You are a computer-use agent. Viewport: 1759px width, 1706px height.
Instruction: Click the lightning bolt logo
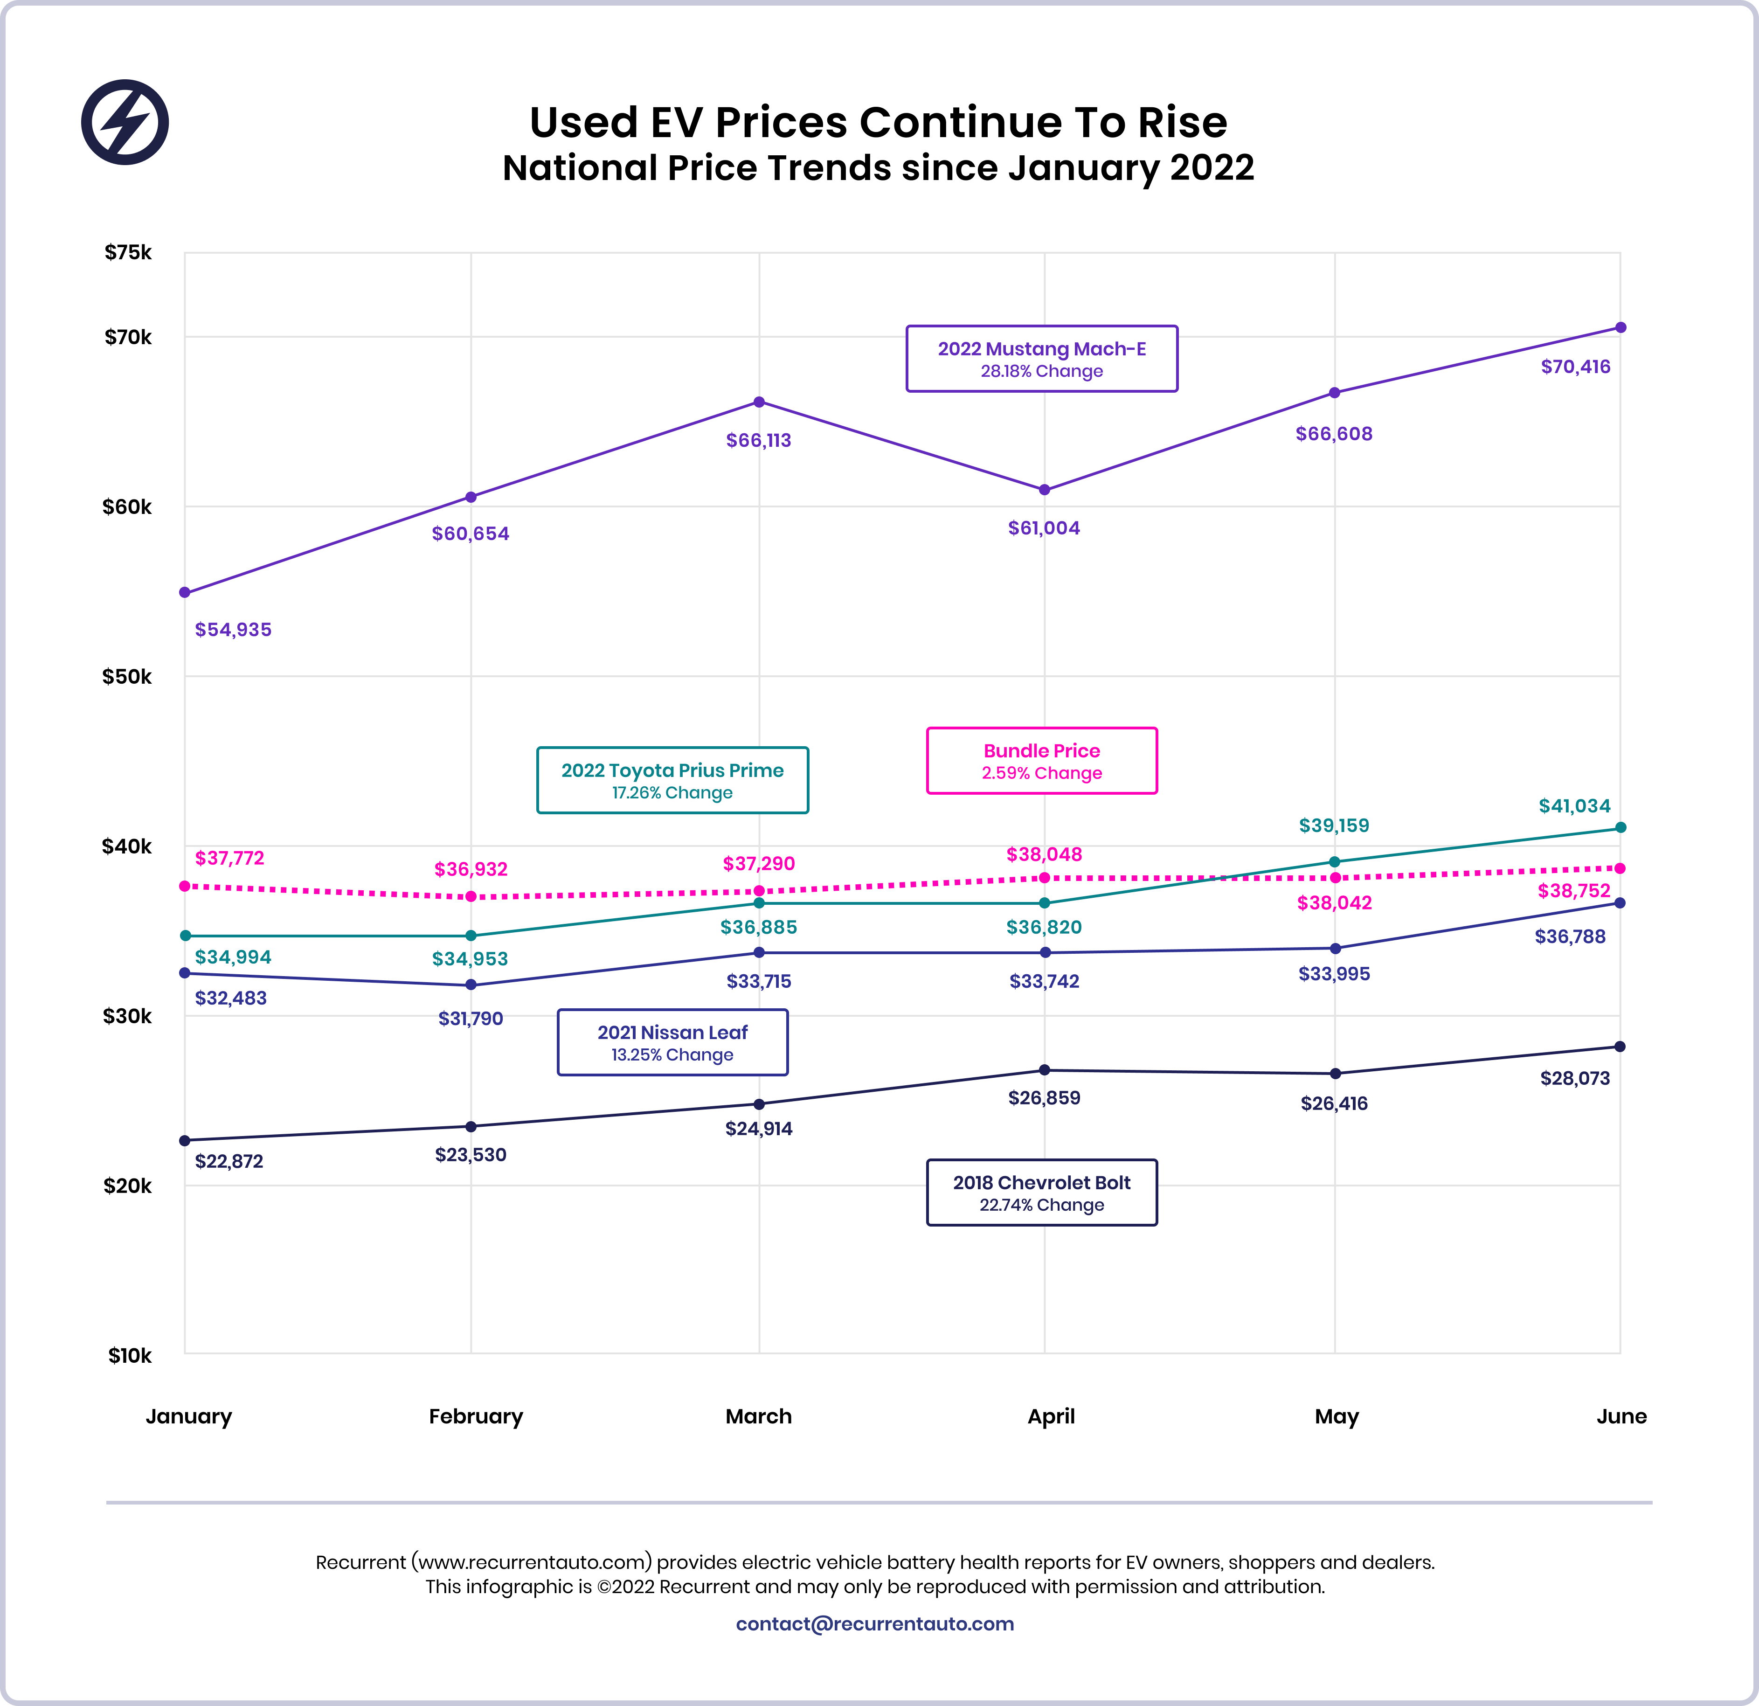pyautogui.click(x=125, y=122)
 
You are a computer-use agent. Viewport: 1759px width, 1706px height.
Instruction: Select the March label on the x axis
pyautogui.click(x=758, y=1416)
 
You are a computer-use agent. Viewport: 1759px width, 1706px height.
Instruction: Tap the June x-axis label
pyautogui.click(x=1621, y=1416)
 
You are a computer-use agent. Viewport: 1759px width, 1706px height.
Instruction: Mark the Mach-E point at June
pyautogui.click(x=1621, y=327)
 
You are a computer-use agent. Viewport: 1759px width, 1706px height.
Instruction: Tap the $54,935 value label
pyautogui.click(x=233, y=629)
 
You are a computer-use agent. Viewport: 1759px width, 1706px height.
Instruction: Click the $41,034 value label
pyautogui.click(x=1574, y=806)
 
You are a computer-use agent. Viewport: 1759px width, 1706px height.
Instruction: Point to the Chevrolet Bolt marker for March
pyautogui.click(x=759, y=1104)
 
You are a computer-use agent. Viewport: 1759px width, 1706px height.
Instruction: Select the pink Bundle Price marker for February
pyautogui.click(x=471, y=896)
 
